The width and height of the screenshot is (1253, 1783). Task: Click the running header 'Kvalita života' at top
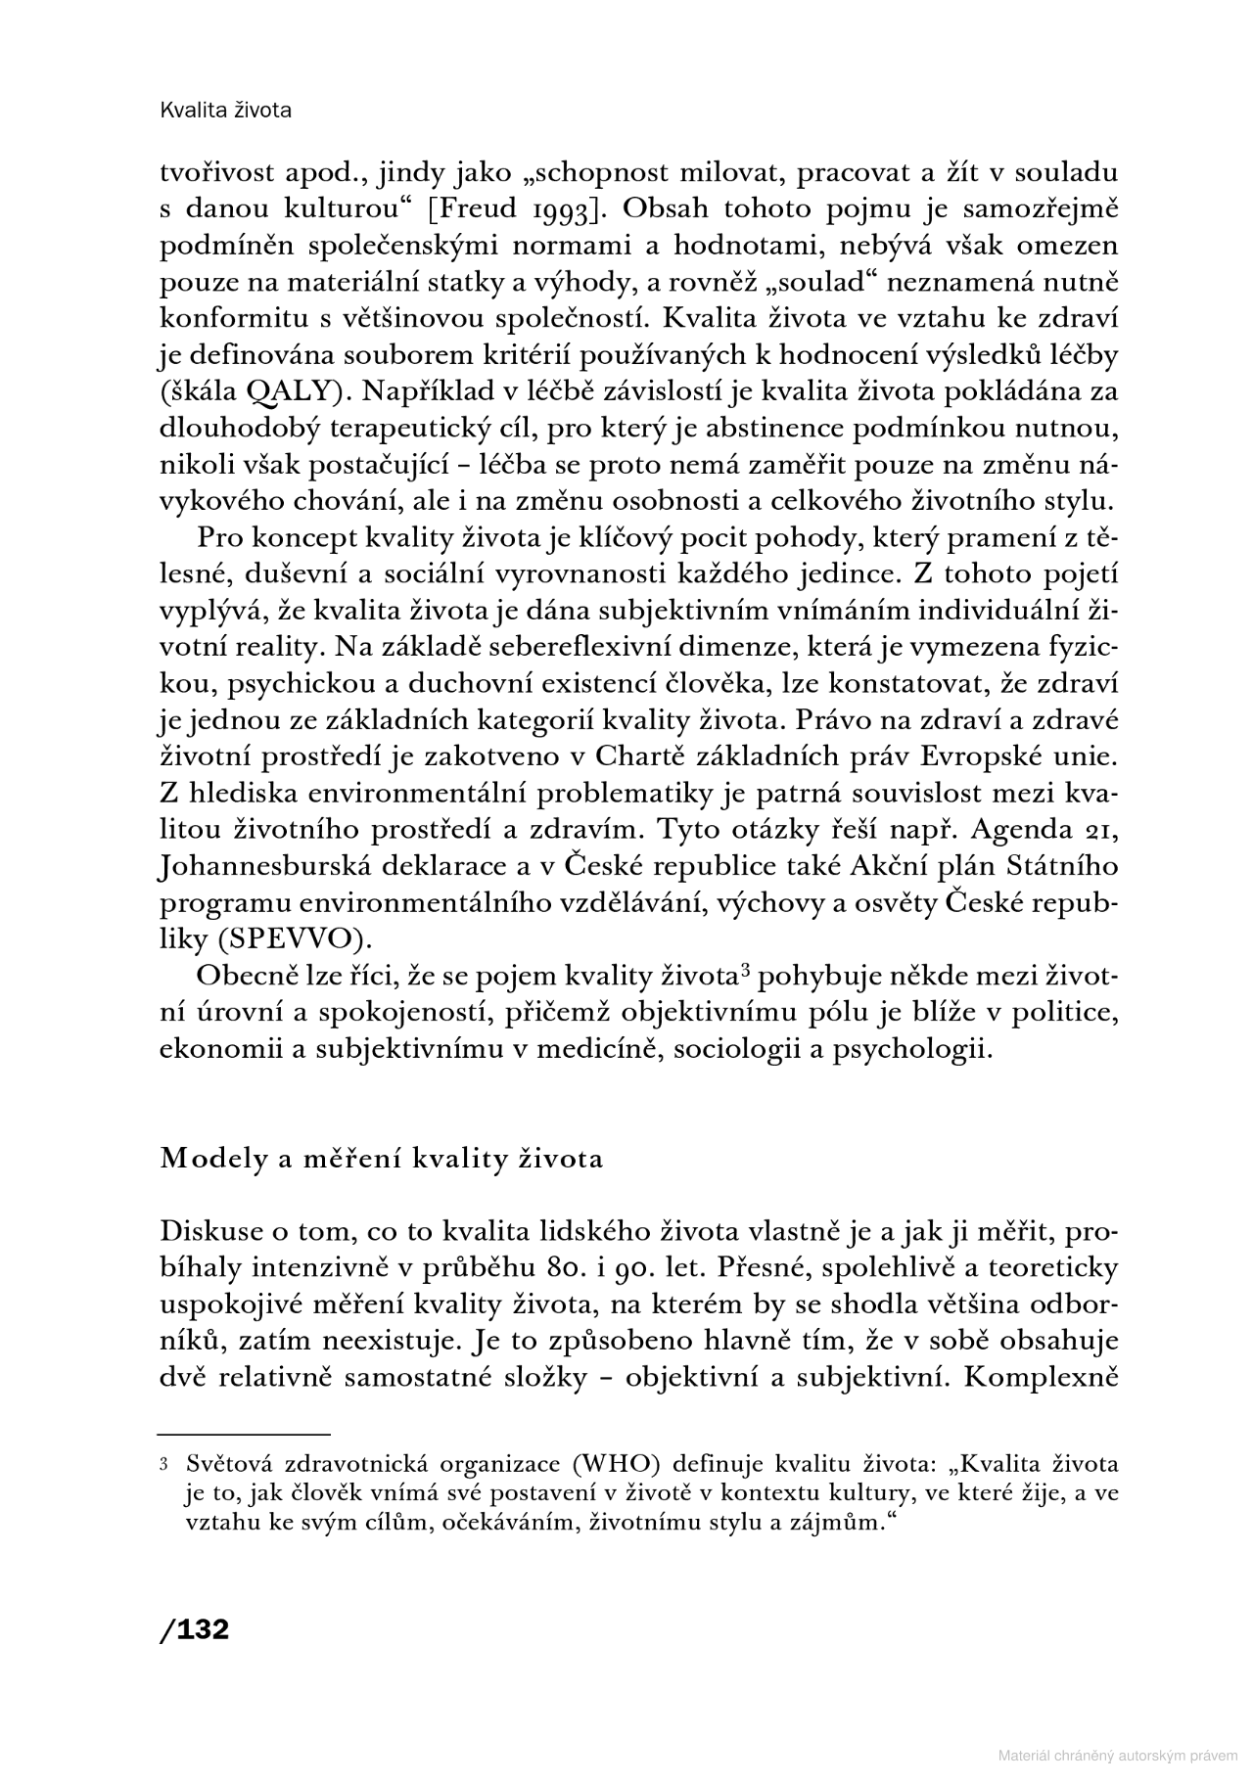[225, 111]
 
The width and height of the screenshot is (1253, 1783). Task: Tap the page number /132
[194, 1629]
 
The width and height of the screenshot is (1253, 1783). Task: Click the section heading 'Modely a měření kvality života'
[381, 1159]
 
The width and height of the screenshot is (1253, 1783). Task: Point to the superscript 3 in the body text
[745, 971]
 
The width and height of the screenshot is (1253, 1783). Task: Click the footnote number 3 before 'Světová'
[163, 1466]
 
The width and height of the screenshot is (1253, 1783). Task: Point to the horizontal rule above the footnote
[245, 1433]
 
